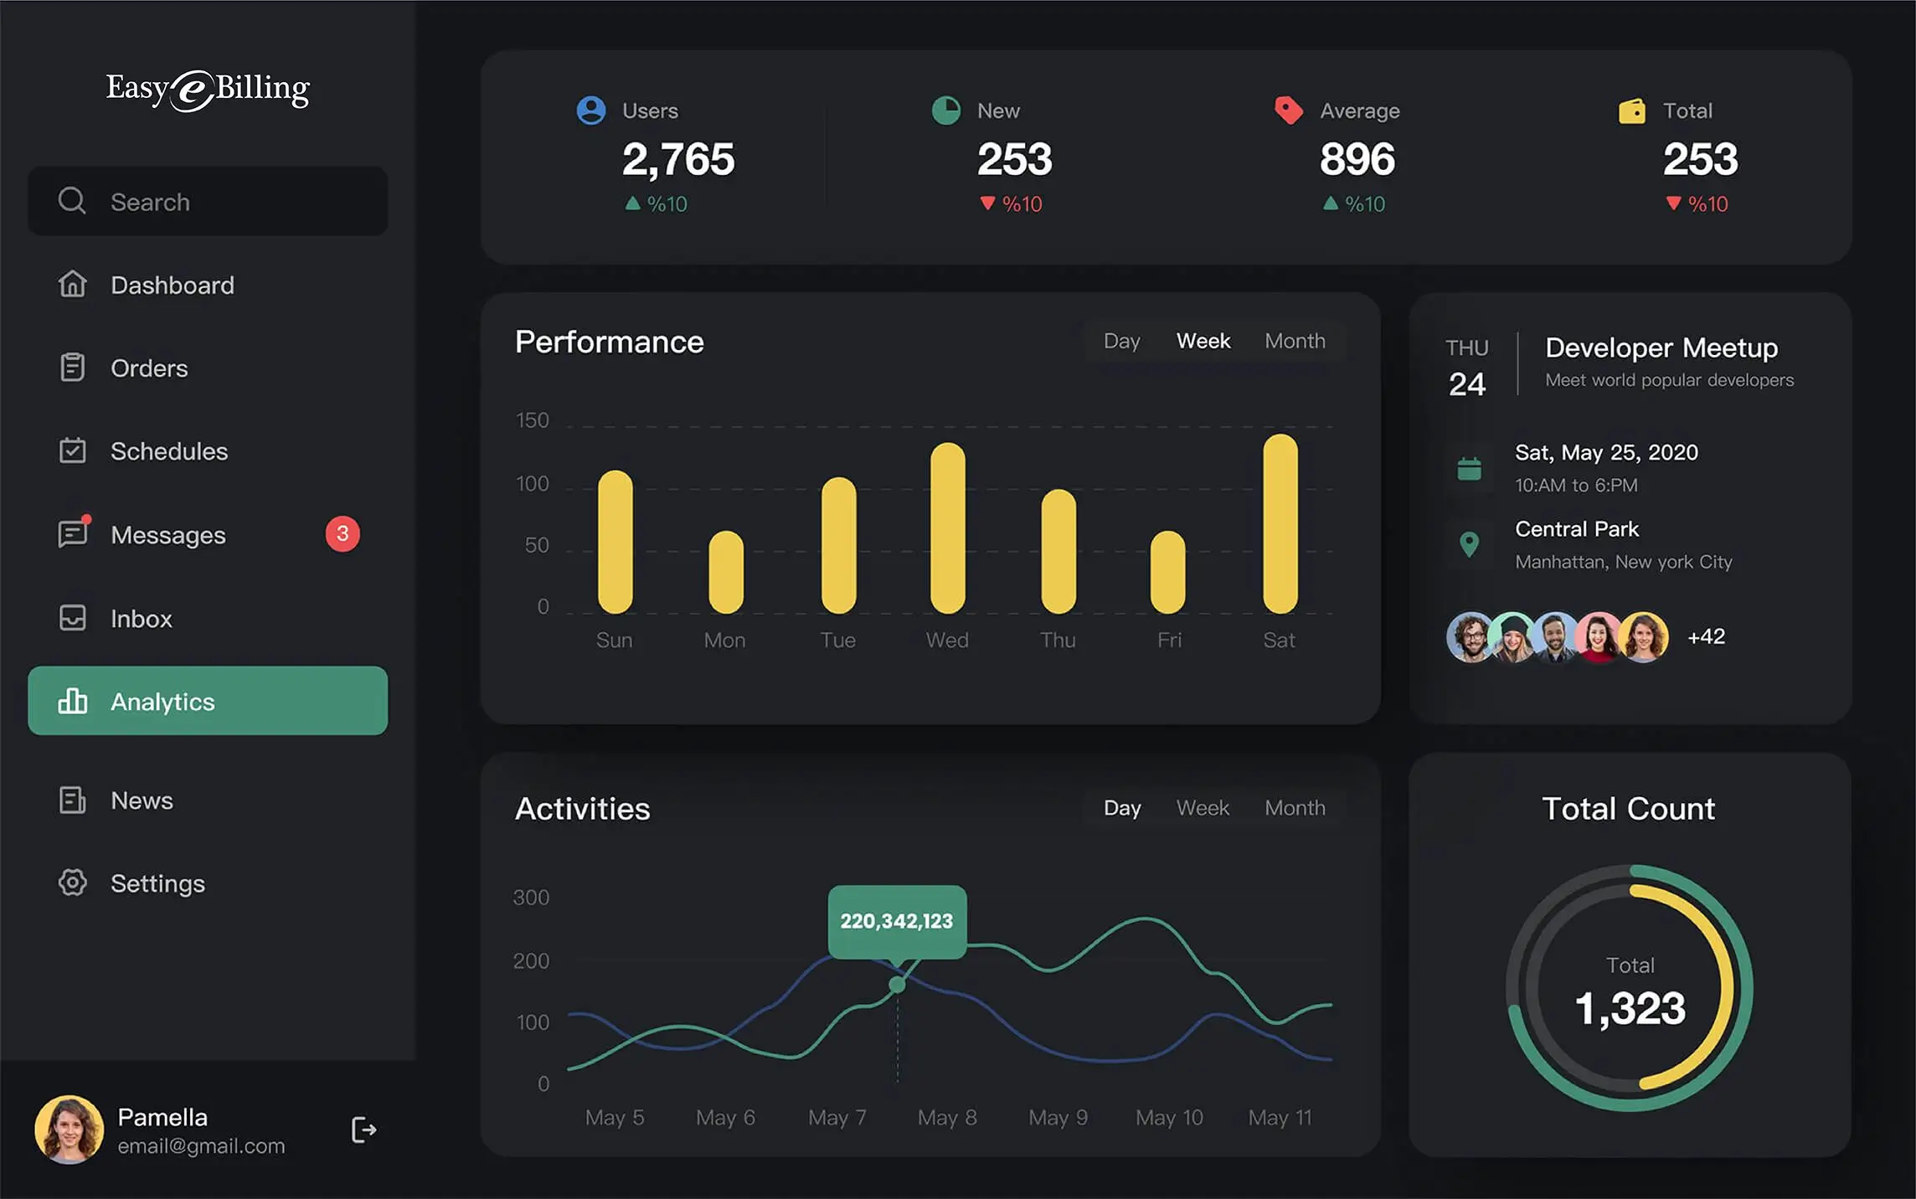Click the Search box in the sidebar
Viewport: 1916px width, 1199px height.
208,201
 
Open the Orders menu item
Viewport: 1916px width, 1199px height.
149,368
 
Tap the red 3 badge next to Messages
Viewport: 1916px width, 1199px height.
343,534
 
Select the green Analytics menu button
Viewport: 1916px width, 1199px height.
208,701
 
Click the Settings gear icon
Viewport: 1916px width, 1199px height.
73,883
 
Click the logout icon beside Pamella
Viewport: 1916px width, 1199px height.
363,1130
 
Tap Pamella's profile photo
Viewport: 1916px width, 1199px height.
70,1130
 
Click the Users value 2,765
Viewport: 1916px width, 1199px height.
678,159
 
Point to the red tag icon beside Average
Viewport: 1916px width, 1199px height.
1289,111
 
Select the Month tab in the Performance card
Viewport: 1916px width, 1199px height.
1295,341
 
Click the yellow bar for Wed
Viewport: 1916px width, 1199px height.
947,528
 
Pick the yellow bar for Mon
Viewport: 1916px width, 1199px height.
725,572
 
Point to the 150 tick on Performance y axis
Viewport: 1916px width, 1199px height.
533,420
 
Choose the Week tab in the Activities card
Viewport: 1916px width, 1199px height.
1203,808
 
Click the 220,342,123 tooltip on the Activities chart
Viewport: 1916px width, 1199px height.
897,921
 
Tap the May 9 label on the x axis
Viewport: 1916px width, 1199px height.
1058,1117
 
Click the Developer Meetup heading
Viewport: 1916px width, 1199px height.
1661,347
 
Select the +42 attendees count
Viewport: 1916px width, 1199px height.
1706,636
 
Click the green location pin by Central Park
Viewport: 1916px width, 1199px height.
1469,544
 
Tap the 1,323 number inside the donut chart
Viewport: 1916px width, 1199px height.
1630,1007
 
